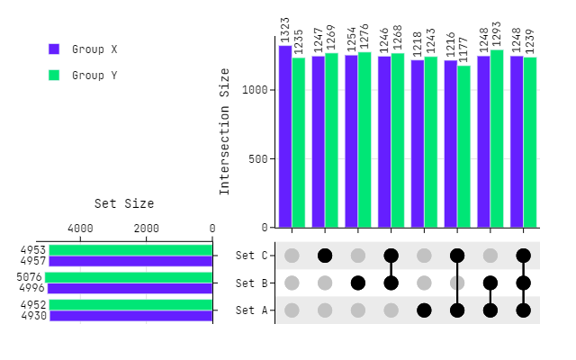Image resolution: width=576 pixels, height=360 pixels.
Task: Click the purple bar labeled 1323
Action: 285,136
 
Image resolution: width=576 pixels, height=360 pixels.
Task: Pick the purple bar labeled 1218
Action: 418,143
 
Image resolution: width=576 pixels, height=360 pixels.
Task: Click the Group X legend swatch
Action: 54,49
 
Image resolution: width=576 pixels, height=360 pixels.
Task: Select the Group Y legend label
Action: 94,76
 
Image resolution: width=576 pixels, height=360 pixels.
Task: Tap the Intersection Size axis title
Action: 225,131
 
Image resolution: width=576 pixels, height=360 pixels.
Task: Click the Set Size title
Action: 124,203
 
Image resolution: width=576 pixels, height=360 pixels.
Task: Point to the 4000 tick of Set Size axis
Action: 80,229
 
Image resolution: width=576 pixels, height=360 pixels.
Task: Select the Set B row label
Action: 252,283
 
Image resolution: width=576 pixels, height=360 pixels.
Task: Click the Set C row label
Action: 252,256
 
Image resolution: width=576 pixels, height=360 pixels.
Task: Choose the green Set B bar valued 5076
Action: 129,277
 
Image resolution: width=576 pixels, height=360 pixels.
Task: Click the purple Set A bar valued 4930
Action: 130,316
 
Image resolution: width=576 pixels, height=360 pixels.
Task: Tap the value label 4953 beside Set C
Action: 32,250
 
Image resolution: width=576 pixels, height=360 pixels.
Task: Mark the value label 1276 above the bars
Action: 364,36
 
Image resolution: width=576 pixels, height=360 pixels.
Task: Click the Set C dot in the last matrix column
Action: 524,256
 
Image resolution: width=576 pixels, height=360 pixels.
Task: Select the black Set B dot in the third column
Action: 358,283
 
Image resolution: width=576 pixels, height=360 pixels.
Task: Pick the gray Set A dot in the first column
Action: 292,310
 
